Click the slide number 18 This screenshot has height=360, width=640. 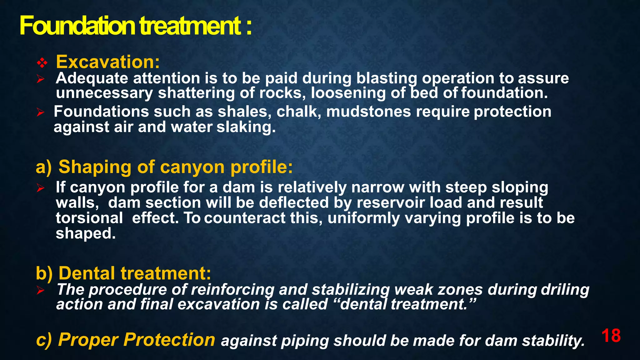611,336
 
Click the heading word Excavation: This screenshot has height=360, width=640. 108,62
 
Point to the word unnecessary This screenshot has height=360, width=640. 104,93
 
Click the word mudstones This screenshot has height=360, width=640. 368,112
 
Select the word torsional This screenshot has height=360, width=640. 89,218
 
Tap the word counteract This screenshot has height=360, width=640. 245,218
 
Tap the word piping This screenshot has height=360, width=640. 305,341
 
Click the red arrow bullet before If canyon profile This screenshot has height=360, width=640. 41,188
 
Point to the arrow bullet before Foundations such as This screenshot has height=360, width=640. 41,112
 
